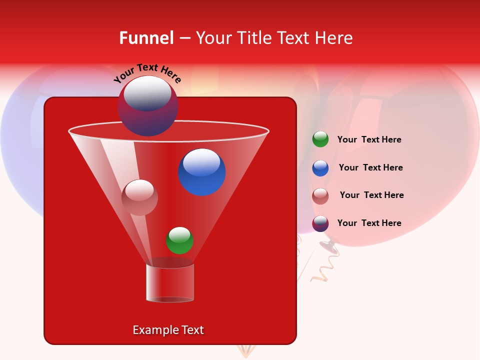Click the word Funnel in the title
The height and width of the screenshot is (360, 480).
pos(146,38)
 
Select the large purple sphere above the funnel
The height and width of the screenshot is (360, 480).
pos(147,106)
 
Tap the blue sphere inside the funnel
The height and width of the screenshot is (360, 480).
pos(201,172)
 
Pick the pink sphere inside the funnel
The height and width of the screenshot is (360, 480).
pos(139,197)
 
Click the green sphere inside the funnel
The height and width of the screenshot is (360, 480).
pos(179,240)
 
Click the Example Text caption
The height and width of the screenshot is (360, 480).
pos(168,330)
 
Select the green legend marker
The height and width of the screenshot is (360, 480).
pos(320,139)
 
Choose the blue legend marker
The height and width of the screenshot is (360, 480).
pos(320,168)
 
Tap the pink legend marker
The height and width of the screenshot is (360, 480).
pos(320,196)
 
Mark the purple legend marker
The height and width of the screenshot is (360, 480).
pos(320,223)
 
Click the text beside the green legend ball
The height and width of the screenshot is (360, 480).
pos(369,140)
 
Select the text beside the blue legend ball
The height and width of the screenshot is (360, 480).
pos(370,167)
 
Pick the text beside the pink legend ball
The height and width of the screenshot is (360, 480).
pos(371,195)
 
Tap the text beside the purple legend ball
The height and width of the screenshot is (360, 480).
pos(369,223)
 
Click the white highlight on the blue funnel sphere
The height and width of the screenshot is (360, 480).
pos(201,162)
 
